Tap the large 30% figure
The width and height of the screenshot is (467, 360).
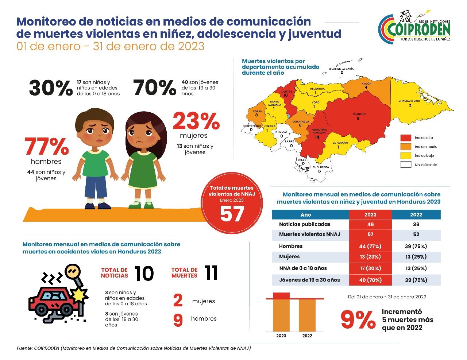(51, 88)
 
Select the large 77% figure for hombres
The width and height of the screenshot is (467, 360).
(47, 147)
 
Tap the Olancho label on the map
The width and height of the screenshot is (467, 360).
(359, 114)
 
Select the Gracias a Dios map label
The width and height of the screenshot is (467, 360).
(409, 101)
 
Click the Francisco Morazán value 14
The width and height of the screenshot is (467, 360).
(317, 137)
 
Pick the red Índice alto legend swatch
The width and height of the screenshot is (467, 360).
(406, 138)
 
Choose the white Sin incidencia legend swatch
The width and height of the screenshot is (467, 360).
(406, 164)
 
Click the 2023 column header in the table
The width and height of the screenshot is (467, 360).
(370, 214)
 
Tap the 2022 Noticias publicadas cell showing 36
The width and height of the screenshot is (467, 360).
(416, 224)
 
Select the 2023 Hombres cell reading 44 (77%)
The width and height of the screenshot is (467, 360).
(370, 246)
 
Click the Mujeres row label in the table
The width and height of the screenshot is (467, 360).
(289, 256)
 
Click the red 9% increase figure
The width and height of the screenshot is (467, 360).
(358, 320)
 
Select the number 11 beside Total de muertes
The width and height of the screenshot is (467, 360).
(211, 273)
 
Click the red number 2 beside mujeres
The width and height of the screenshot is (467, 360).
(178, 301)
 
